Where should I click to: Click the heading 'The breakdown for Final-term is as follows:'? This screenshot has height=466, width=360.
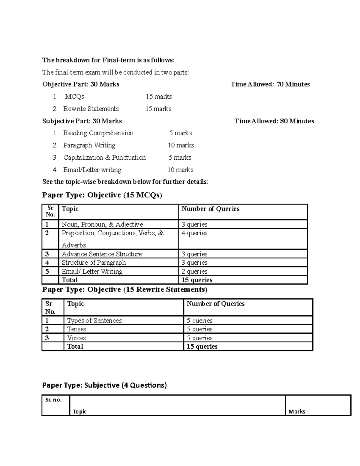pos(108,60)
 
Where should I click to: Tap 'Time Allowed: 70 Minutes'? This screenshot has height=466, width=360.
pos(270,85)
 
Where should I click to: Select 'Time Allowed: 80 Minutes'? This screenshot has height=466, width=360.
pos(274,121)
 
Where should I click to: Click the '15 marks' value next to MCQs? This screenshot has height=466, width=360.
pos(159,97)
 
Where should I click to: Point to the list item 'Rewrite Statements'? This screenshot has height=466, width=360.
pos(91,109)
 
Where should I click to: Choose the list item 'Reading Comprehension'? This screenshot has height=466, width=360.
pos(98,133)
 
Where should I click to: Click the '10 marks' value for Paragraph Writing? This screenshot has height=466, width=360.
pos(181,146)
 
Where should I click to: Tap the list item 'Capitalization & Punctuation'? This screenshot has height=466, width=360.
pos(104,158)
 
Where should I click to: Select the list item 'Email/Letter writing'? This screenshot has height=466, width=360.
pos(92,170)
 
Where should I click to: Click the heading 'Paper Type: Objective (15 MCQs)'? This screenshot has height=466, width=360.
pos(102,195)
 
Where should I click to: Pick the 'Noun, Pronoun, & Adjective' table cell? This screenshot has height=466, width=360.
pos(102,224)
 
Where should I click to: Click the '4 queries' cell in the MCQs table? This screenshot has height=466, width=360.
pos(194,233)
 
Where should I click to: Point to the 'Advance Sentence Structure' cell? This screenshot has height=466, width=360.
pos(101,254)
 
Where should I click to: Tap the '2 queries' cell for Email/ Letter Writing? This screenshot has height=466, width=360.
pos(194,272)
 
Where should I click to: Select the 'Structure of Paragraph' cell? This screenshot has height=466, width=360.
pos(94,263)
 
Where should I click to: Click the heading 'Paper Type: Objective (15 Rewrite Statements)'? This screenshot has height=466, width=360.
pos(125,290)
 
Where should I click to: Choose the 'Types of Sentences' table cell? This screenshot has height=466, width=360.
pos(94,321)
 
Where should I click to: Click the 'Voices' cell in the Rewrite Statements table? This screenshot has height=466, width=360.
pos(76,338)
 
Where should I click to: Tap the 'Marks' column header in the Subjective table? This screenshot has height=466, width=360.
pos(297,412)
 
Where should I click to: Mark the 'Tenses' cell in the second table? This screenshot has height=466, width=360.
pos(76,329)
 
